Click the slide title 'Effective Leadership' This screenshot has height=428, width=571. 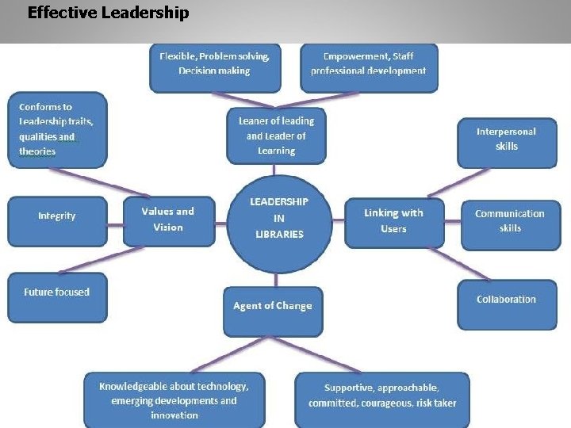pyautogui.click(x=108, y=13)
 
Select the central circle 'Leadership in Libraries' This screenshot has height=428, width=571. pyautogui.click(x=278, y=218)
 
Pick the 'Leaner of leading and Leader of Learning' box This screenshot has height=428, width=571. pyautogui.click(x=276, y=136)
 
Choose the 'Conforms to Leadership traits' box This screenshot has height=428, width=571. pyautogui.click(x=56, y=129)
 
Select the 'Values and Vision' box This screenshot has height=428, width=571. pyautogui.click(x=168, y=220)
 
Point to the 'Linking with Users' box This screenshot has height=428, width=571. pyautogui.click(x=393, y=221)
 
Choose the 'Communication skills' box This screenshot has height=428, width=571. pyautogui.click(x=510, y=221)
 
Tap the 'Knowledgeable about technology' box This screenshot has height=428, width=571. pyautogui.click(x=174, y=400)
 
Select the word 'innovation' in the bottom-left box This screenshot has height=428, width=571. pyautogui.click(x=174, y=415)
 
